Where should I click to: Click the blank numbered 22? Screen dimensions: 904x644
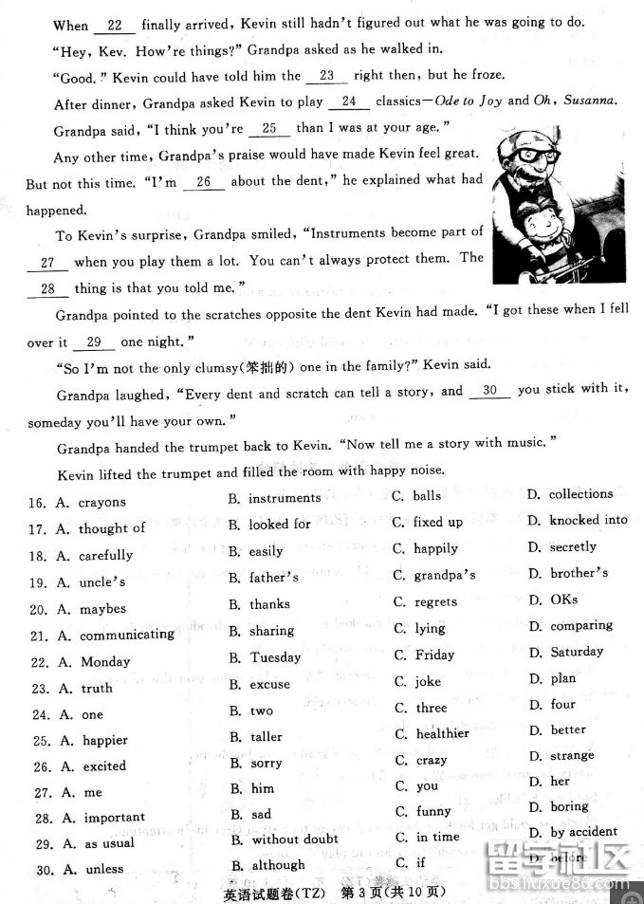(x=115, y=26)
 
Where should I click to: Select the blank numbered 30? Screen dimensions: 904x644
(x=489, y=390)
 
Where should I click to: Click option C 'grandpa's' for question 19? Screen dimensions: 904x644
(x=445, y=575)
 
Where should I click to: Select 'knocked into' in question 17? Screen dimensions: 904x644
(x=588, y=520)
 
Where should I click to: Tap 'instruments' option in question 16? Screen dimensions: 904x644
(x=285, y=497)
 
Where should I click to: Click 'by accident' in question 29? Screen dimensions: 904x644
(x=583, y=832)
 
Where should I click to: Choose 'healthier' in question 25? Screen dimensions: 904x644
(x=442, y=733)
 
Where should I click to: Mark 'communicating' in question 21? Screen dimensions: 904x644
(x=126, y=635)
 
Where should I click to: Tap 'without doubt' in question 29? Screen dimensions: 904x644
(x=295, y=839)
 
